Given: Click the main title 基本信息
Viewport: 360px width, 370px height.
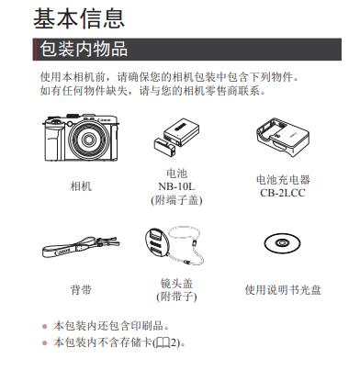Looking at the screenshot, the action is [79, 19].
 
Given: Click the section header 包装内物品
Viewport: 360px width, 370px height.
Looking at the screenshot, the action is [84, 50].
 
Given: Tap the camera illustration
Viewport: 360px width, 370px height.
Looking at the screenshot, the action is [81, 138].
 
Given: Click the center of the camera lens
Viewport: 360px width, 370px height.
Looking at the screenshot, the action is [89, 140].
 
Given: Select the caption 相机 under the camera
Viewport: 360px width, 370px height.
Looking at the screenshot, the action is [81, 185].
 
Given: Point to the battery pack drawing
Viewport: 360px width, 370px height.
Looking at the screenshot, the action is [177, 137].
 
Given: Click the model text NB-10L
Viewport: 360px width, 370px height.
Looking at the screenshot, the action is [176, 186].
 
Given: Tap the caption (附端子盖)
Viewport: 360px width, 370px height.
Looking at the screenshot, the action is [176, 200].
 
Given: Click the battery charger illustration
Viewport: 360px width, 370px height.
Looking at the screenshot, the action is [283, 137].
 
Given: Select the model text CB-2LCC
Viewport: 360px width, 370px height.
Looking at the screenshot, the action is [283, 193].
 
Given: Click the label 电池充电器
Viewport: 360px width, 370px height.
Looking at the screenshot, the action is [283, 180].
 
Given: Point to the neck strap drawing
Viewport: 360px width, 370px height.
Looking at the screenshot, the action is [81, 247].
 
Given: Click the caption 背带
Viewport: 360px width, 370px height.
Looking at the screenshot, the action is [81, 289].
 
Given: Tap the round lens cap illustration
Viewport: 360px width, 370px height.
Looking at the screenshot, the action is [157, 243].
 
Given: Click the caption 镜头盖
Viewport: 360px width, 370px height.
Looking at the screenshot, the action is [176, 284].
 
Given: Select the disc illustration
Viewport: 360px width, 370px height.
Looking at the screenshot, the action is [282, 243].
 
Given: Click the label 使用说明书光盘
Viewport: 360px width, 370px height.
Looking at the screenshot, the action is [283, 289].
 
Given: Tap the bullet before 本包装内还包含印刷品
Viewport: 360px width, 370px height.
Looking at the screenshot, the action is [45, 326].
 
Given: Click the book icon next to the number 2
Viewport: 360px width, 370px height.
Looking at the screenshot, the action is [163, 342].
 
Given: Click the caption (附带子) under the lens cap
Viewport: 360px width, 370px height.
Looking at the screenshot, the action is [176, 297].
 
